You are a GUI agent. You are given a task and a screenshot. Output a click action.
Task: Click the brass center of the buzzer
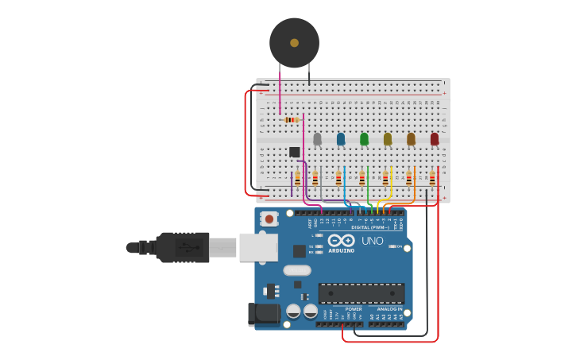(x=294, y=43)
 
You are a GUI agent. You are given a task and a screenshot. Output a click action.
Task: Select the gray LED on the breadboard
(x=317, y=139)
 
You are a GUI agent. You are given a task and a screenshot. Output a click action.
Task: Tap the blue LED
(x=341, y=139)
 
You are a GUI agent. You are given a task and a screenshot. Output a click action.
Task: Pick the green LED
(x=364, y=139)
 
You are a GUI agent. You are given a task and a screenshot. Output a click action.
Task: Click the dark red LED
(x=435, y=139)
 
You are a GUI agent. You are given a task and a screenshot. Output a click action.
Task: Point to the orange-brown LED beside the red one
(x=411, y=139)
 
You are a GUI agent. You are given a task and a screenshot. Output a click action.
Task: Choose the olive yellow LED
(x=388, y=139)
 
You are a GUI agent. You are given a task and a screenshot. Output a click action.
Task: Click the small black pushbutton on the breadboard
(x=295, y=152)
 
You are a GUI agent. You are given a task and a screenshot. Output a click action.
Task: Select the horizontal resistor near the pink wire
(x=291, y=120)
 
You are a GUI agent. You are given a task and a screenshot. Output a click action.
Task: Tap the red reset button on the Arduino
(x=269, y=219)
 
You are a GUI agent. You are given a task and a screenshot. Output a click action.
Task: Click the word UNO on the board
(x=372, y=241)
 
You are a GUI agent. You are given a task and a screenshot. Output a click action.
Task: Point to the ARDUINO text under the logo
(x=341, y=250)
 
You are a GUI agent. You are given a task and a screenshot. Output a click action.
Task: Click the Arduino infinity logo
(x=341, y=240)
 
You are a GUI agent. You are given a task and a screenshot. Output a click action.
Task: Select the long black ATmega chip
(x=361, y=293)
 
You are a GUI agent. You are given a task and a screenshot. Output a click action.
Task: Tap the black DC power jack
(x=265, y=314)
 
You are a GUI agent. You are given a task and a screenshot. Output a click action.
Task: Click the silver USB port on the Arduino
(x=258, y=247)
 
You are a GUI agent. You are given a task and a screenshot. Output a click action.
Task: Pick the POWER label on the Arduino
(x=353, y=309)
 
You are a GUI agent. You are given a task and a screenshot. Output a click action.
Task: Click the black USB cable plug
(x=183, y=247)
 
